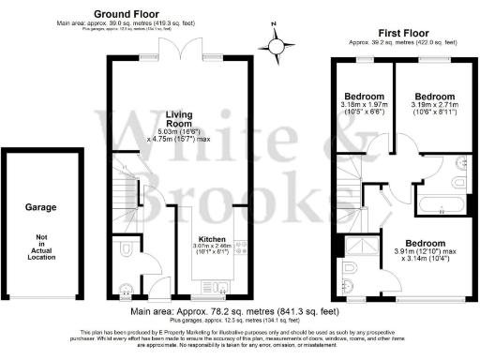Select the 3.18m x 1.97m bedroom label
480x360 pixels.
tap(364, 97)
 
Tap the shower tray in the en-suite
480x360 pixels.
tap(358, 246)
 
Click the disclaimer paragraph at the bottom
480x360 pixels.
tap(239, 338)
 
